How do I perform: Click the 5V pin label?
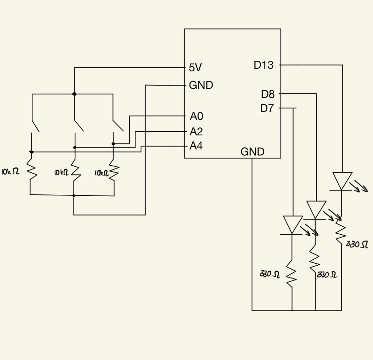[195, 68]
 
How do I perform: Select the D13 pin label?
[263, 66]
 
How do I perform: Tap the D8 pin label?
[268, 94]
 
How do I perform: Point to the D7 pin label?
[267, 108]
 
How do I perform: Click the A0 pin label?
[196, 116]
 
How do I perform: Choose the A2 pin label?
[196, 131]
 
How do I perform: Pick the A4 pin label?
[196, 146]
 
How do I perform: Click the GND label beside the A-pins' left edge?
[201, 86]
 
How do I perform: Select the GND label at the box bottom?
[252, 152]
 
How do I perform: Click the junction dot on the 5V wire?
[74, 94]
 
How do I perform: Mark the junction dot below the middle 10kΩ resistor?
[74, 195]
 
